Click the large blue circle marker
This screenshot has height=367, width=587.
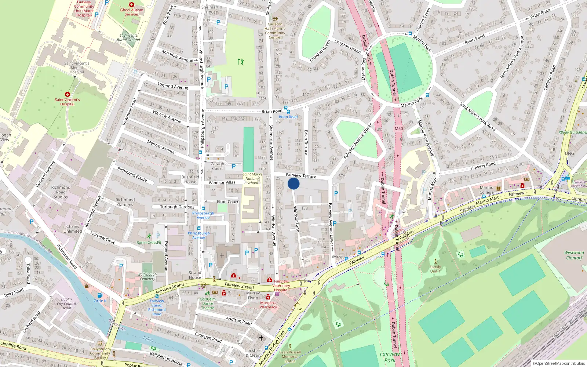pyautogui.click(x=293, y=183)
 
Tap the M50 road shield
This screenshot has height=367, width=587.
pyautogui.click(x=399, y=128)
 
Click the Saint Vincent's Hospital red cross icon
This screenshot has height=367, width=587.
pyautogui.click(x=68, y=95)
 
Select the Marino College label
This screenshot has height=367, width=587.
pyautogui.click(x=486, y=190)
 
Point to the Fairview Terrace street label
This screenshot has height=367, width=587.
pyautogui.click(x=301, y=176)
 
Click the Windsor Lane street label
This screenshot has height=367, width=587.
pyautogui.click(x=296, y=219)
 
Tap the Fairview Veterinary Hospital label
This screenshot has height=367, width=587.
pyautogui.click(x=281, y=286)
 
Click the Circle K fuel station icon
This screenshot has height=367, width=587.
pyautogui.click(x=100, y=295)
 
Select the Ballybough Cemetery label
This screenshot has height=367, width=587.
pyautogui.click(x=147, y=276)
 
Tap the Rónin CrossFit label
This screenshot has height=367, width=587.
pyautogui.click(x=149, y=242)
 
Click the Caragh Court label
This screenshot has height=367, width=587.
pyautogui.click(x=217, y=166)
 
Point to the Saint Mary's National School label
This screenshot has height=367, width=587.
pyautogui.click(x=252, y=179)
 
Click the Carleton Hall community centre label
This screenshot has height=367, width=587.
pyautogui.click(x=275, y=30)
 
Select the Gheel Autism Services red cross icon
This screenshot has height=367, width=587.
pyautogui.click(x=132, y=5)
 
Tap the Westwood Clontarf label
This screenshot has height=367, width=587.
pyautogui.click(x=574, y=255)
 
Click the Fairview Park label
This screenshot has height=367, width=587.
pyautogui.click(x=390, y=357)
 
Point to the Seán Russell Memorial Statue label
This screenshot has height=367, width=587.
pyautogui.click(x=290, y=356)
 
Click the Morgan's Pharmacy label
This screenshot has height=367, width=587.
pyautogui.click(x=268, y=305)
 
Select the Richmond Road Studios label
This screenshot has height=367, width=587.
pyautogui.click(x=61, y=192)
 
